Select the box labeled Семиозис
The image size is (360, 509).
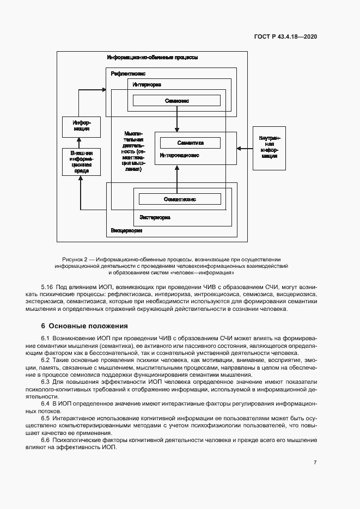176,101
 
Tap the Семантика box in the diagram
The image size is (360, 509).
190,143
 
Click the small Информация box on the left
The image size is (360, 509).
81,126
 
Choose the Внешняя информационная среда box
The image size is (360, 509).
81,162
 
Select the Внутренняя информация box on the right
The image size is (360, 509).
269,148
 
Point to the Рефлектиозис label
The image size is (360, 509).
128,73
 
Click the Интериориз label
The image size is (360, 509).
147,85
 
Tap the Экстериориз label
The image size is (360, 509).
155,217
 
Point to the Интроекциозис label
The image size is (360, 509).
179,155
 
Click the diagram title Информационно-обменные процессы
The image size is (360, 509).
152,57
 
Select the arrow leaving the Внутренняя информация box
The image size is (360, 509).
245,148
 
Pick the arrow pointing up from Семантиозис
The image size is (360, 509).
176,175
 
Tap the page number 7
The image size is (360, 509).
315,462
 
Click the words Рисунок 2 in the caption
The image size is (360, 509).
75,259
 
